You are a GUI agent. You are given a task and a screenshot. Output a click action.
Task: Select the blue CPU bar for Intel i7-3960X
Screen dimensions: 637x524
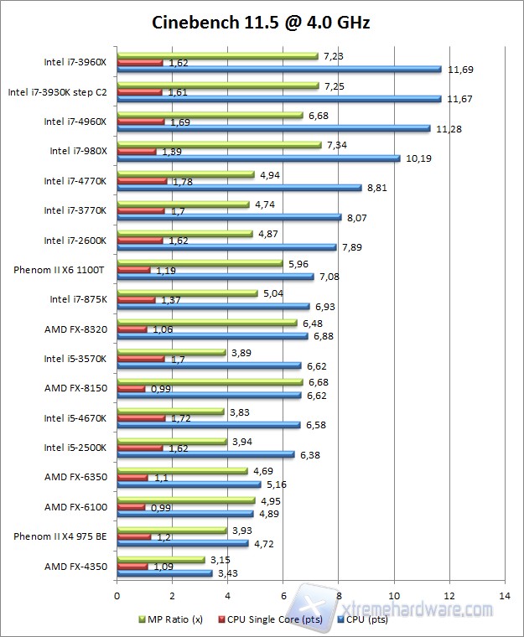(x=279, y=69)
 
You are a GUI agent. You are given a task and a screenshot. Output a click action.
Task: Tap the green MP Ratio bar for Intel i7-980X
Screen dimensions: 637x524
(x=219, y=145)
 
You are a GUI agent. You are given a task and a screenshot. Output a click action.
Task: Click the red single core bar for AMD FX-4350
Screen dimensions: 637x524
(x=132, y=567)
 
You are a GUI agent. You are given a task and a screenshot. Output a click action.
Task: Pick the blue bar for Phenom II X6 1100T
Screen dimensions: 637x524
(x=215, y=277)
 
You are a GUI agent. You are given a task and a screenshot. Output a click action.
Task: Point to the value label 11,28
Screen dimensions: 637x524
(x=449, y=128)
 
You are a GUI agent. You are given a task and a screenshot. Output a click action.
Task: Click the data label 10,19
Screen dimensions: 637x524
(x=418, y=158)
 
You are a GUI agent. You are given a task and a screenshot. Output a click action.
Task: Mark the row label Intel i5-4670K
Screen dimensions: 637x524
(x=75, y=417)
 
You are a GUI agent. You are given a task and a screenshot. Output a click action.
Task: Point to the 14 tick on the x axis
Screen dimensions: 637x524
(x=504, y=596)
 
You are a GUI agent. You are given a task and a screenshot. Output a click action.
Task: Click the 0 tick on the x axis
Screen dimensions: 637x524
(x=117, y=596)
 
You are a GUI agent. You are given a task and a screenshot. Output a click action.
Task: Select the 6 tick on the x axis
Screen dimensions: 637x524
(x=283, y=596)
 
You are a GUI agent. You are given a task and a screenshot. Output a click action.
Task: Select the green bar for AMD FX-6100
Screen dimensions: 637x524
(x=185, y=501)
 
